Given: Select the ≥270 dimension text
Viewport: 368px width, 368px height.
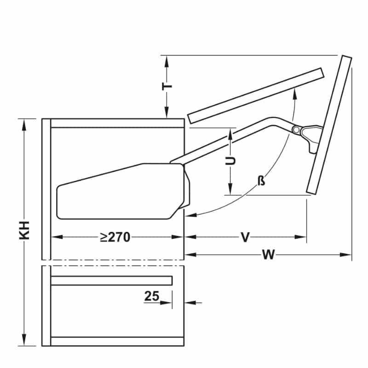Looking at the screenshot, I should [x=115, y=237].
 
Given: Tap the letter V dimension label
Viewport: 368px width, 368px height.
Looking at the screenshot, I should [x=245, y=237].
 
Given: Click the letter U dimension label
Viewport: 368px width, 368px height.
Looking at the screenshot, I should [x=231, y=161].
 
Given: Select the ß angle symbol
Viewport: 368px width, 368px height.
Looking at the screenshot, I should [x=261, y=181].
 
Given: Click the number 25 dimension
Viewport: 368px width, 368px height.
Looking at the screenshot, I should [x=151, y=296].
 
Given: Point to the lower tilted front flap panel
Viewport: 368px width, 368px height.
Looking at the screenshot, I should [x=328, y=124].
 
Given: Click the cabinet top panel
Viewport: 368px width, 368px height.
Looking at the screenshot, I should [x=117, y=123].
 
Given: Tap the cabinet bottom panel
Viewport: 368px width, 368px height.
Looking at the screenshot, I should [x=117, y=341].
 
